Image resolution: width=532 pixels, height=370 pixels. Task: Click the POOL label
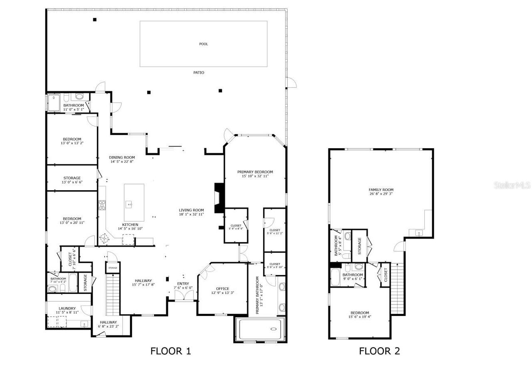[x=203, y=44]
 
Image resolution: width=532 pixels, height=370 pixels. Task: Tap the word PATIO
[x=199, y=72]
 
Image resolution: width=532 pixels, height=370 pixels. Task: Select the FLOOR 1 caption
[x=170, y=351]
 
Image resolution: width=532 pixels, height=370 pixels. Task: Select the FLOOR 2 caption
[x=379, y=351]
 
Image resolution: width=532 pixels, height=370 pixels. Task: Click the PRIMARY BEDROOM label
[x=255, y=172]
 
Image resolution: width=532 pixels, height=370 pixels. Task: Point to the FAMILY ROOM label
[x=381, y=190]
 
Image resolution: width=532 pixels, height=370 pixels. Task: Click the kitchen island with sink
[x=134, y=203]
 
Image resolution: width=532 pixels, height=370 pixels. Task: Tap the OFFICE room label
[x=222, y=288]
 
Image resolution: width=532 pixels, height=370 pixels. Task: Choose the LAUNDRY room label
[x=67, y=308]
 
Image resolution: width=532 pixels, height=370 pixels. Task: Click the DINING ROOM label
[x=122, y=157]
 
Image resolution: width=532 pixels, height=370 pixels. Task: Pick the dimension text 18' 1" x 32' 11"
[x=191, y=214]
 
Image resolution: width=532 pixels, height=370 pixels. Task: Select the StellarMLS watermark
[x=512, y=185]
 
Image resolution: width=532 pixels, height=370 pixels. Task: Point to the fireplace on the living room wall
[x=219, y=198]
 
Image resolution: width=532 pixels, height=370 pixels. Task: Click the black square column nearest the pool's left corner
[x=95, y=20]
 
